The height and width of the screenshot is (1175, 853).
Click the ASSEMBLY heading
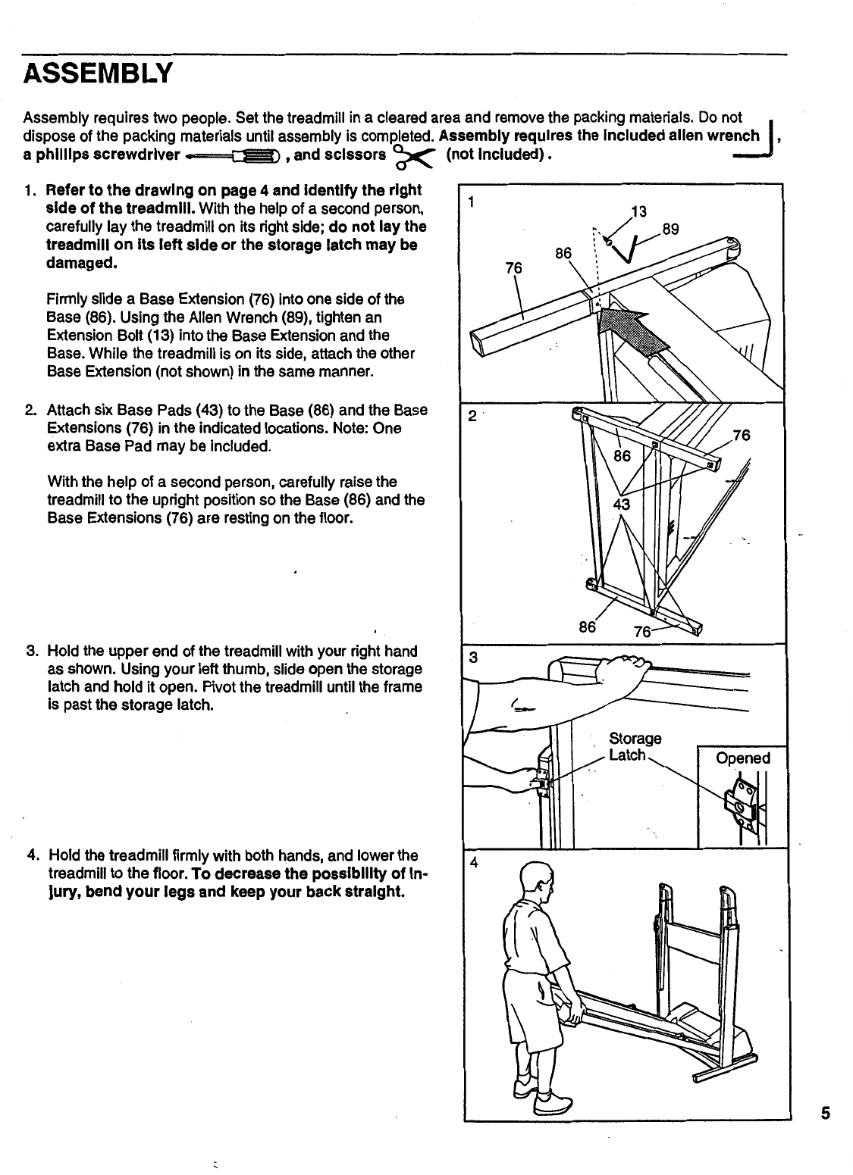click(99, 75)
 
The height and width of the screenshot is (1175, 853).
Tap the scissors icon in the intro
click(416, 157)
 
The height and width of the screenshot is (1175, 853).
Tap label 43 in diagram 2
click(623, 505)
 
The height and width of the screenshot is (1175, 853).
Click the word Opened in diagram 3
click(743, 758)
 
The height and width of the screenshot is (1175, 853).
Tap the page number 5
click(825, 1114)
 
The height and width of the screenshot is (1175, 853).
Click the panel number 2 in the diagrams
click(472, 416)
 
